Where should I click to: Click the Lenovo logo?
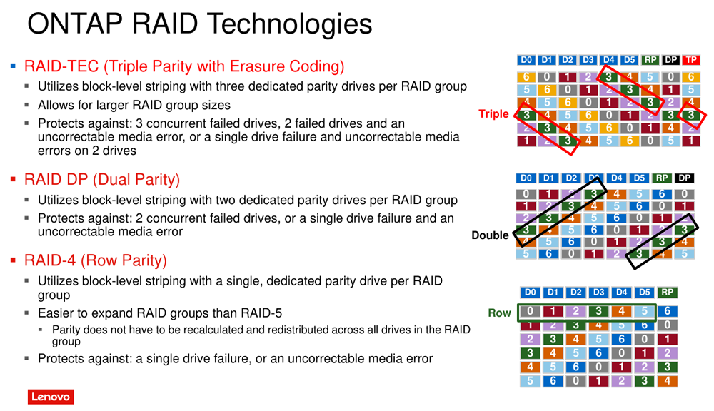(51, 397)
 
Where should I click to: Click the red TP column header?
(690, 60)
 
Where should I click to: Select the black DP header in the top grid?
(670, 60)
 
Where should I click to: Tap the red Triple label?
(493, 113)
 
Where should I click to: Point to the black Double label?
(490, 235)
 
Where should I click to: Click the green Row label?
(500, 313)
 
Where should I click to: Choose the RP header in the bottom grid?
(667, 293)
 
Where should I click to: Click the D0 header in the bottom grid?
(530, 293)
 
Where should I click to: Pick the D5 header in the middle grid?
(639, 178)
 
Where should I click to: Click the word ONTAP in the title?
(75, 24)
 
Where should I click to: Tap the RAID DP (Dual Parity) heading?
(102, 180)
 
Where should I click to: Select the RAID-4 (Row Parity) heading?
(96, 261)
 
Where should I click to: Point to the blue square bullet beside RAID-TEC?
(13, 66)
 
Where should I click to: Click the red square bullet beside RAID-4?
(13, 261)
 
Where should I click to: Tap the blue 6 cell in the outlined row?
(667, 311)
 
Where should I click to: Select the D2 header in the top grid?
(567, 60)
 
